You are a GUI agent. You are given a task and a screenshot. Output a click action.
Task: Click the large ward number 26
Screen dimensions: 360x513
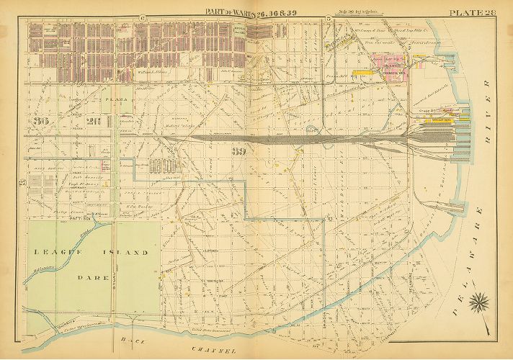[x=92, y=121]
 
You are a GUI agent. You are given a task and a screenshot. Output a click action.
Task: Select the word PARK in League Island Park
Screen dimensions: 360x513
[x=93, y=276]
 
